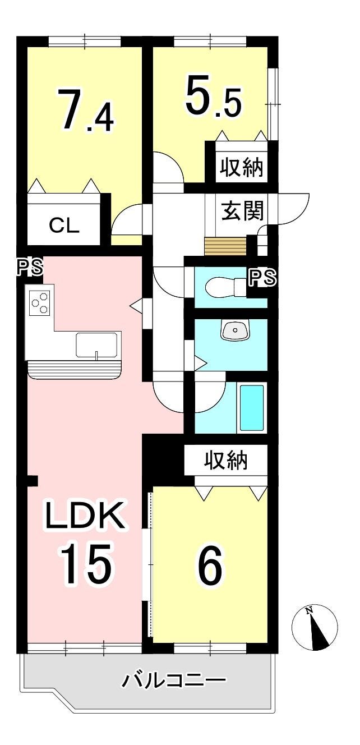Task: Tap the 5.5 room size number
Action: click(x=213, y=98)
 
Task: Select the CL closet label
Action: click(x=64, y=225)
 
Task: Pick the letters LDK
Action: click(x=85, y=517)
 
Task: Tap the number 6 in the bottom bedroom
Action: click(x=209, y=565)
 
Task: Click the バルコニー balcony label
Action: click(x=174, y=682)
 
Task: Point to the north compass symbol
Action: click(x=315, y=628)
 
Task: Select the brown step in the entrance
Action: click(x=225, y=246)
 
